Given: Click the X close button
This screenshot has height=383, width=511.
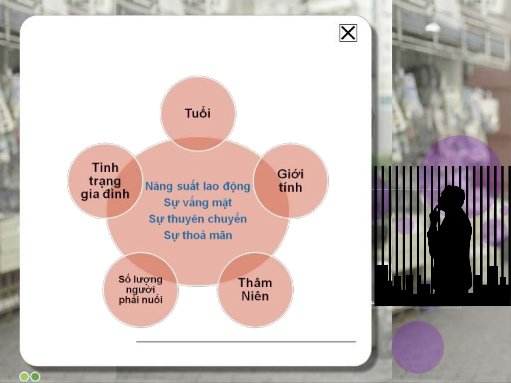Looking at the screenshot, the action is [x=348, y=33].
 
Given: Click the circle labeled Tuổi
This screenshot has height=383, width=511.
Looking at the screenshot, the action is [x=198, y=113].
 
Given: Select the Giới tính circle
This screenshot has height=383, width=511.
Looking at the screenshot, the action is [x=290, y=181].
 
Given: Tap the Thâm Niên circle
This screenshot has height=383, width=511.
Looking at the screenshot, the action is [x=255, y=290].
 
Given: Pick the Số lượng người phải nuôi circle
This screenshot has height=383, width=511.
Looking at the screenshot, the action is [x=141, y=290].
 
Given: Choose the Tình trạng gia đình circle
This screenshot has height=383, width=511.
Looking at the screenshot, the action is [x=105, y=181].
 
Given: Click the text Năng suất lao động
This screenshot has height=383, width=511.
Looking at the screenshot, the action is [x=198, y=186].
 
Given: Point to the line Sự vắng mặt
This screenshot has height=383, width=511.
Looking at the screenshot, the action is [x=198, y=203].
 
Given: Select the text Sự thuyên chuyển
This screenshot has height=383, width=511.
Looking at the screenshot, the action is [x=198, y=219].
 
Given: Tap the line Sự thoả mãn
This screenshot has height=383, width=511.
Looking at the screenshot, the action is [x=198, y=235].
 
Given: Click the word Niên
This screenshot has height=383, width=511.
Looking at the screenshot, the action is [x=255, y=296].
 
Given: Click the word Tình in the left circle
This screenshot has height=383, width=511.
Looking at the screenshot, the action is [x=105, y=168].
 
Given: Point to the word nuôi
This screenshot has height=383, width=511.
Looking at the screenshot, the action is [x=152, y=300].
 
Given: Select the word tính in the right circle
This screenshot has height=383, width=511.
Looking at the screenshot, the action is [x=290, y=187].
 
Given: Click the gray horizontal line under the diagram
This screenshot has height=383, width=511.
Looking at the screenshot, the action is [x=246, y=342].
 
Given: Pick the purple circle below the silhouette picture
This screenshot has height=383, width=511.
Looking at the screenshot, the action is [x=418, y=347].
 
